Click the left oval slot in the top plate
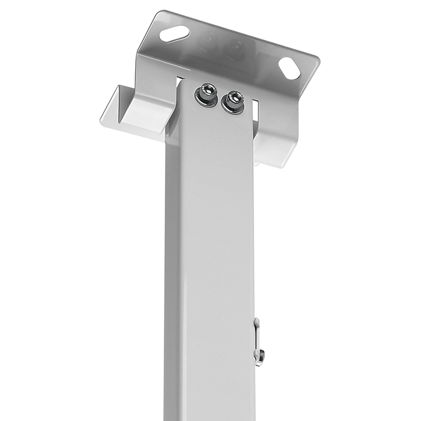(x=174, y=34)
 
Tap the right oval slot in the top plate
(x=289, y=68)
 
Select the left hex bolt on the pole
(x=206, y=93)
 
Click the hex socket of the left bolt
(x=207, y=91)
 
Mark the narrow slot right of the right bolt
(x=255, y=108)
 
